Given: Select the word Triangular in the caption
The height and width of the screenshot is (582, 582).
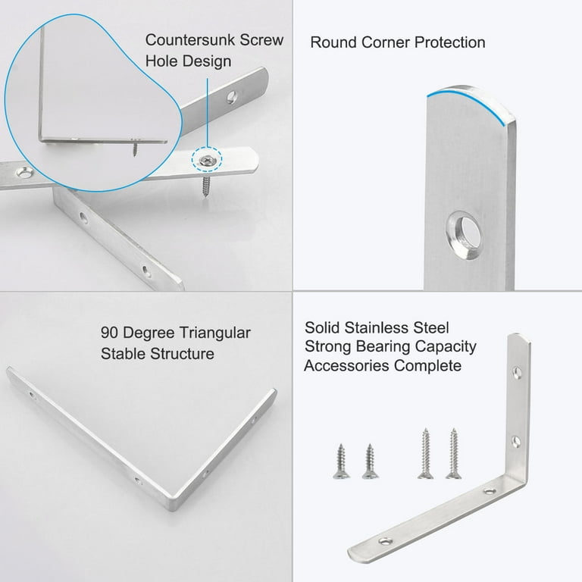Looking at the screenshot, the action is point(215,333).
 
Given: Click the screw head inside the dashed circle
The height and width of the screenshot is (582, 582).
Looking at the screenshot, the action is point(206,161).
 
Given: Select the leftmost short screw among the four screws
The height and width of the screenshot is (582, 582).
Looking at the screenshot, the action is point(341,462).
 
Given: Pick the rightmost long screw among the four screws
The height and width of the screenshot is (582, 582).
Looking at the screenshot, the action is point(454,453).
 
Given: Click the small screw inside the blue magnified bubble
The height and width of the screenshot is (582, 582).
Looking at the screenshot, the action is point(135,147).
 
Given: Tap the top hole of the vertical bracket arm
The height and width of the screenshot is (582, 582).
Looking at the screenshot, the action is point(517,372).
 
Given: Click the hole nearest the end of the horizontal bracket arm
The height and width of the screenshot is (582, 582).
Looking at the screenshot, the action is point(385,542).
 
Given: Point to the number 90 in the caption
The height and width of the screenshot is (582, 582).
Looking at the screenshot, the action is point(109,333).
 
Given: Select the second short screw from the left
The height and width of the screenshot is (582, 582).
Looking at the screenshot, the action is point(370,462).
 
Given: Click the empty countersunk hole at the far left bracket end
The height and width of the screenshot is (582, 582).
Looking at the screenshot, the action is point(24,172).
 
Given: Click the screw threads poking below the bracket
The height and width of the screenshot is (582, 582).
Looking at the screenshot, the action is point(206,186).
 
